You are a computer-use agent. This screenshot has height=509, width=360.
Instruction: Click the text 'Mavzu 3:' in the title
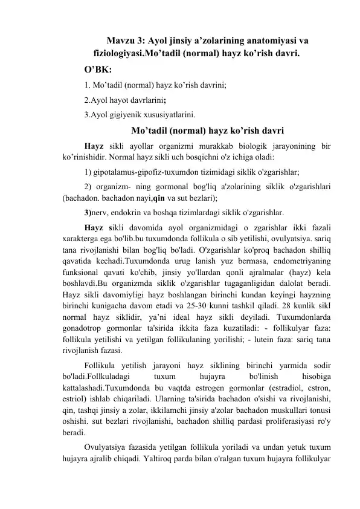pyautogui.click(x=125, y=41)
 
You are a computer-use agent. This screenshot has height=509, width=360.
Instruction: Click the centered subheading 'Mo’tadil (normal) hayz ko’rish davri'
pyautogui.click(x=199, y=129)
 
